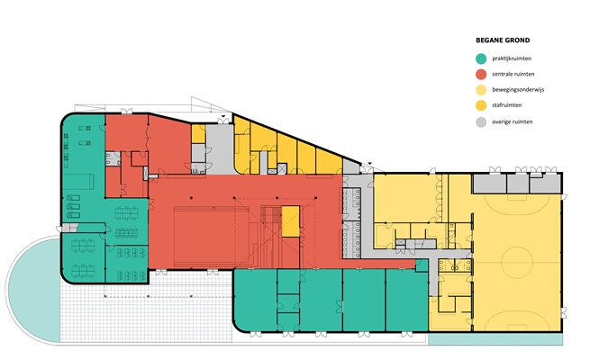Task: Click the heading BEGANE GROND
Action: point(503,40)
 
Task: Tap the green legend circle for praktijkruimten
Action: point(481,58)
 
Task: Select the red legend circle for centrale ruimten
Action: point(481,74)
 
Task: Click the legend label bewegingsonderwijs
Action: point(518,89)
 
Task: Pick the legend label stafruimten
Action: point(507,105)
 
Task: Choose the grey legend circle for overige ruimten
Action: point(481,122)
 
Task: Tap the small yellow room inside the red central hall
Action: point(290,220)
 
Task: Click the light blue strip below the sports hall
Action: point(495,339)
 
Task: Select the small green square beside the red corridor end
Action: point(422,265)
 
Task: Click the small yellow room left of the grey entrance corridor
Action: point(198,133)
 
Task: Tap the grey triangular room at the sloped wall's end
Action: point(351,166)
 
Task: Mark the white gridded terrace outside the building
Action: point(147,310)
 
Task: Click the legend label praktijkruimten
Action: point(512,58)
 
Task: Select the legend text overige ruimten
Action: point(513,121)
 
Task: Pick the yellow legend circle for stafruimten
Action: point(481,105)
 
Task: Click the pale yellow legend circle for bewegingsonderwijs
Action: point(481,90)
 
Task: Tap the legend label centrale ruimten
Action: point(513,74)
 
